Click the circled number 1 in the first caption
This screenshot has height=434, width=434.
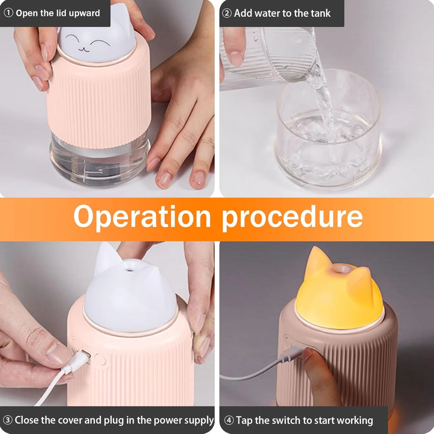(x=8, y=13)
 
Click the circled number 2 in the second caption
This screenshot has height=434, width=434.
(x=227, y=13)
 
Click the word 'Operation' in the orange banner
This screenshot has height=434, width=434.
(x=142, y=217)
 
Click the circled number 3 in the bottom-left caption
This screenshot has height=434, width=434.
(x=8, y=420)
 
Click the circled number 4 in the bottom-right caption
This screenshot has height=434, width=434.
(x=229, y=420)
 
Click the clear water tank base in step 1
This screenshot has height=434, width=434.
(x=100, y=165)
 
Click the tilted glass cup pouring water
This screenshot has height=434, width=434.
(x=269, y=55)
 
